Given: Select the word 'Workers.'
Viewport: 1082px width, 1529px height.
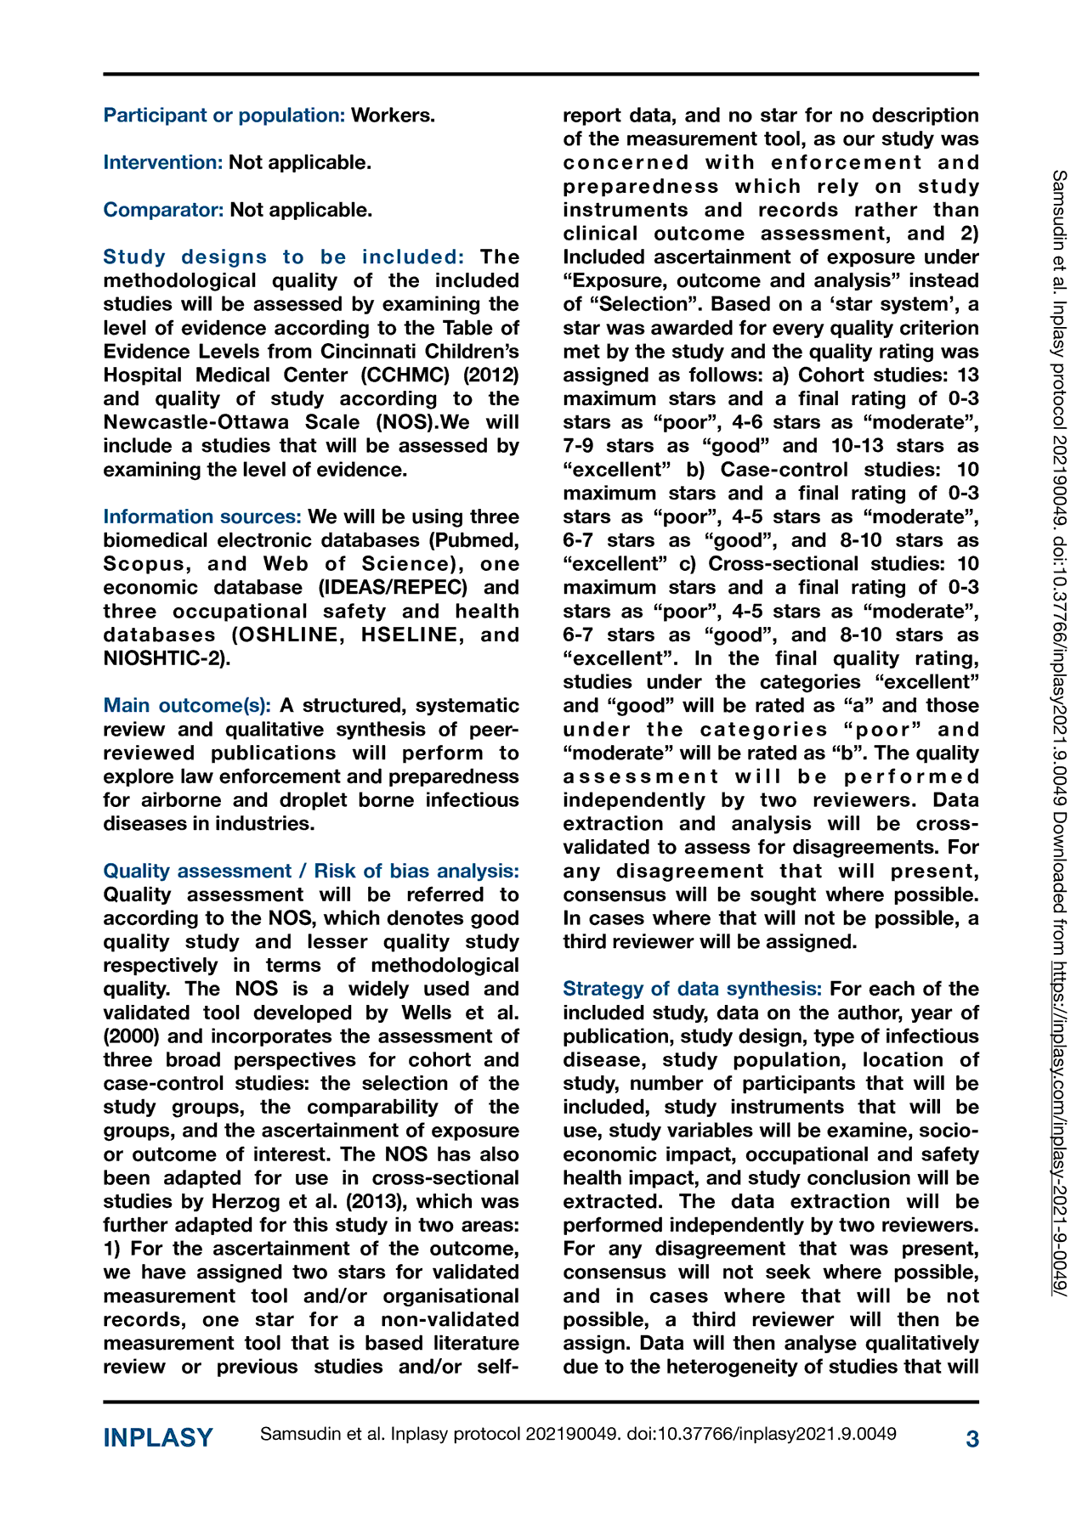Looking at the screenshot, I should click(393, 116).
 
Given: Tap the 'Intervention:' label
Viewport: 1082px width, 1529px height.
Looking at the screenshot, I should click(163, 162).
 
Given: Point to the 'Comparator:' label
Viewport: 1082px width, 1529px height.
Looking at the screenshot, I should click(164, 210).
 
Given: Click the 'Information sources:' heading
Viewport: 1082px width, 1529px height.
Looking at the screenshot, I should click(202, 517).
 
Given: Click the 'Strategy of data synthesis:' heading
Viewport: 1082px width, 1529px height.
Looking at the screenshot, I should click(692, 990).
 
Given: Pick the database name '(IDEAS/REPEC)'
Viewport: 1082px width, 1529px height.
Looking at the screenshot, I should click(393, 588).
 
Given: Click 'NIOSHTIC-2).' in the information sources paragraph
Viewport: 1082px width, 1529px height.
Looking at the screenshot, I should click(167, 659).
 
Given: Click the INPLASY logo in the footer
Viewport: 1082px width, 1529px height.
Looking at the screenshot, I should click(158, 1438).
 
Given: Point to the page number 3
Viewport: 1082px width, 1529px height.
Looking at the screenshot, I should click(972, 1439).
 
